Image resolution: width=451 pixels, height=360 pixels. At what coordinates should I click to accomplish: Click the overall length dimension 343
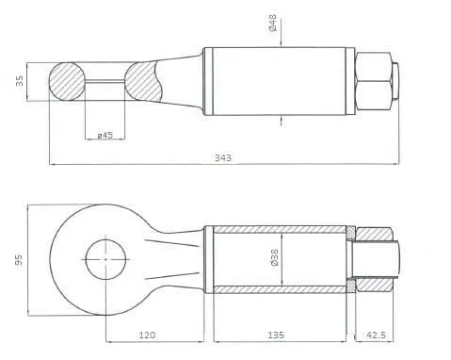pyautogui.click(x=223, y=157)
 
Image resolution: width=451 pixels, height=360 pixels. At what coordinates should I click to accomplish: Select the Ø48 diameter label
pyautogui.click(x=273, y=23)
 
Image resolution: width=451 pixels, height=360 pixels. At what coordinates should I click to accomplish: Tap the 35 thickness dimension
pyautogui.click(x=20, y=81)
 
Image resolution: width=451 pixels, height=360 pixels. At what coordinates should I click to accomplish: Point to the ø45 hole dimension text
pyautogui.click(x=105, y=136)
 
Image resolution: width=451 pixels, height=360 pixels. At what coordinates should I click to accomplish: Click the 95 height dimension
pyautogui.click(x=19, y=260)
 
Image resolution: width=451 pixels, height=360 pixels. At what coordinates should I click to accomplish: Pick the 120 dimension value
pyautogui.click(x=147, y=335)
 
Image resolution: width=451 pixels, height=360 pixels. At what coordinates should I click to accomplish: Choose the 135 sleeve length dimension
pyautogui.click(x=276, y=335)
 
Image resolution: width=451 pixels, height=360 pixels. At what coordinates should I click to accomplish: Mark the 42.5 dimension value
pyautogui.click(x=376, y=335)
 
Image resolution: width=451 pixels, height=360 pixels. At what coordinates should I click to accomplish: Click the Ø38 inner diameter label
pyautogui.click(x=274, y=257)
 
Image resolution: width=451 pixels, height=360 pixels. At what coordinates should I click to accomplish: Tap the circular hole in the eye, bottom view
pyautogui.click(x=105, y=259)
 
